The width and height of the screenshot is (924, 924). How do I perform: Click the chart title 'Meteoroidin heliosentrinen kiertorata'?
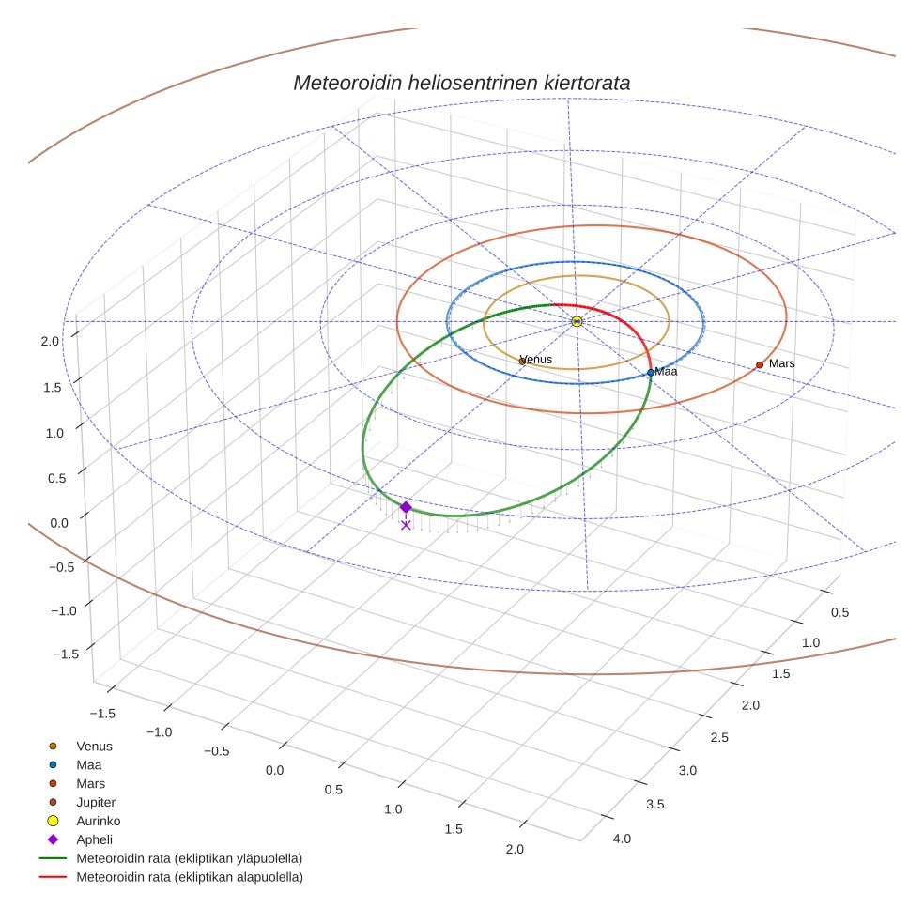(x=461, y=83)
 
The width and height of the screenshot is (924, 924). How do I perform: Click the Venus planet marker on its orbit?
(x=522, y=361)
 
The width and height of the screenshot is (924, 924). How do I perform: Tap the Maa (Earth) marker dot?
(x=650, y=373)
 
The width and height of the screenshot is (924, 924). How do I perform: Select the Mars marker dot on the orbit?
(x=760, y=364)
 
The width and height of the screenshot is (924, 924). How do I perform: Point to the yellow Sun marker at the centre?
(x=577, y=321)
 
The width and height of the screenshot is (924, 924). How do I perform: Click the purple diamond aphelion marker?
(x=406, y=507)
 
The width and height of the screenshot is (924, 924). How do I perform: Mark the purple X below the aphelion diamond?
(x=406, y=525)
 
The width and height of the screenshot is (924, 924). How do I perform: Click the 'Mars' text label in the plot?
(x=781, y=363)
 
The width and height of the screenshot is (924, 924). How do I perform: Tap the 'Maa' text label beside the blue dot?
(x=666, y=372)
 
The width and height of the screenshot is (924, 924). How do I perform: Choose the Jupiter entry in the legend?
(x=95, y=802)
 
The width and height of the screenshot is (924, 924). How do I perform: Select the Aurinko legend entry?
(x=98, y=821)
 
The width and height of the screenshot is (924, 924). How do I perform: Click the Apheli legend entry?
(x=93, y=839)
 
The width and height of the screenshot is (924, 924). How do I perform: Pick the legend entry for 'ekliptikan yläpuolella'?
(x=189, y=858)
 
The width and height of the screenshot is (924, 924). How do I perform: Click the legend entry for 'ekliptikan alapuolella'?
(x=189, y=877)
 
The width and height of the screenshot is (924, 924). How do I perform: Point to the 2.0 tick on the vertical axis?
(x=50, y=341)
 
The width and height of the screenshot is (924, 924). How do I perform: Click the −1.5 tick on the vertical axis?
(x=65, y=654)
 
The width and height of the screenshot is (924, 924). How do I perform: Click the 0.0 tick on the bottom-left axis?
(x=275, y=770)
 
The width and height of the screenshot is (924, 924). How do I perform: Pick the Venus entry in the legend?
(x=94, y=746)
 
